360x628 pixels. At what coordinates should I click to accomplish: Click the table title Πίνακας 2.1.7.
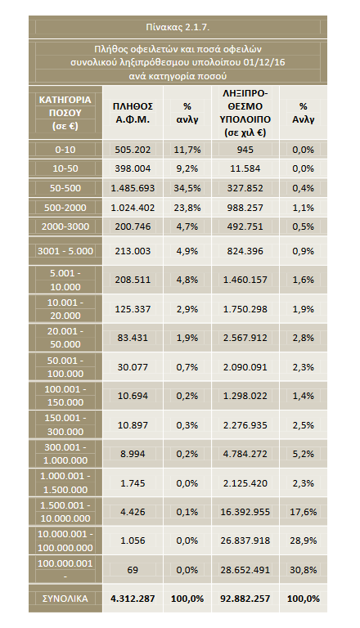178,27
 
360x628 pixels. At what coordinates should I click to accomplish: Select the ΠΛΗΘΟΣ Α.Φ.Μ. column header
133,113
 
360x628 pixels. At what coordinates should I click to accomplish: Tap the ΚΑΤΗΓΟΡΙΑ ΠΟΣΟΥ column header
65,113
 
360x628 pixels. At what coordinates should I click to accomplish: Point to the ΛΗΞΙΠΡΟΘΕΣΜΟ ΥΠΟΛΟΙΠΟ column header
245,113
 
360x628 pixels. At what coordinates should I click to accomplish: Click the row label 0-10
65,150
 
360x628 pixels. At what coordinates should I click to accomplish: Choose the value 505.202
133,150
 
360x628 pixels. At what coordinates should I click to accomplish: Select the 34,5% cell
187,188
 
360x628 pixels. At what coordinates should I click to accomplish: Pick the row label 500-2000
65,208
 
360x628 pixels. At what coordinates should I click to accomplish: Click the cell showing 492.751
245,227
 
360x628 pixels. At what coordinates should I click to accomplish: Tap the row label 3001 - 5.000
65,251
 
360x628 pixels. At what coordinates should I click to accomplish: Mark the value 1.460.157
245,280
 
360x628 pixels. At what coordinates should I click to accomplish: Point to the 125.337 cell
133,309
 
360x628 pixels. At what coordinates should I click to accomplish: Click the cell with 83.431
133,338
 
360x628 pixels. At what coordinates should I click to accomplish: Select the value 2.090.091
245,367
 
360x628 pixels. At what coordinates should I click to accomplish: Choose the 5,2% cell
303,454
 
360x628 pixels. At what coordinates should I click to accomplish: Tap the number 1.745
133,483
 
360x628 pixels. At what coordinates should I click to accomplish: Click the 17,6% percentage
303,512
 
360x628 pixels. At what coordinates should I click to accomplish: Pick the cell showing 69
133,569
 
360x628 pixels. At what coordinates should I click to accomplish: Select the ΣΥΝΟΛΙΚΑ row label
65,599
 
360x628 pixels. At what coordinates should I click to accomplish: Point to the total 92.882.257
245,599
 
